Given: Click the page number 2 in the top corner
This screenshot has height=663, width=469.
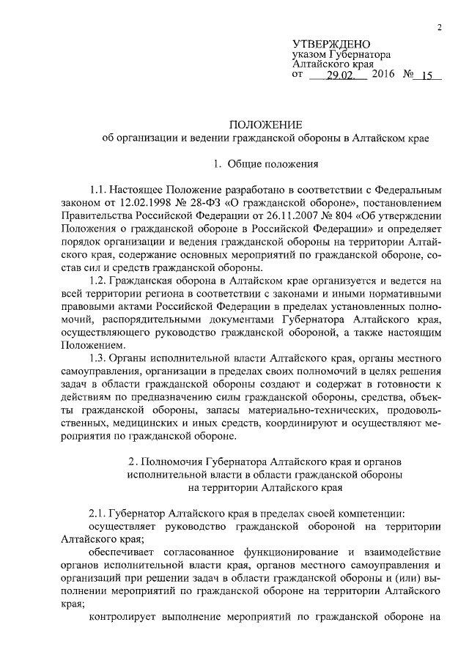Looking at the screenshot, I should (x=439, y=28).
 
